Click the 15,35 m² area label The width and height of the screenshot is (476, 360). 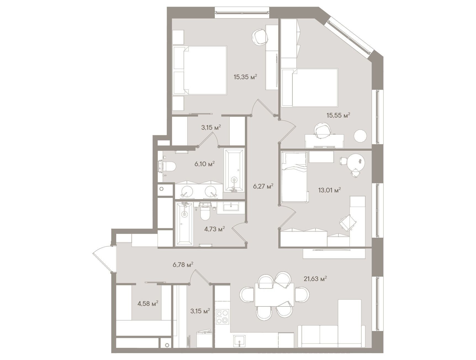245,77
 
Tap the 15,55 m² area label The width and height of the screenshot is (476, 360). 339,115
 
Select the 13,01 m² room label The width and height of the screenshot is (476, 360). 329,190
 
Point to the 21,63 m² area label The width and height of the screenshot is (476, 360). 315,279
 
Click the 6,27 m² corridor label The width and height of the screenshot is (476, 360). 263,186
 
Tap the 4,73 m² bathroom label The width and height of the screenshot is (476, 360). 215,229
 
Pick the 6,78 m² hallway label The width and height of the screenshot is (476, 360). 183,265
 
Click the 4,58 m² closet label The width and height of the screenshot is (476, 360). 148,304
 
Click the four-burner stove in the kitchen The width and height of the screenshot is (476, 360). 223,317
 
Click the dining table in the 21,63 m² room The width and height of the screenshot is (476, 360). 274,294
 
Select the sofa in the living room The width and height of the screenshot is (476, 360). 331,324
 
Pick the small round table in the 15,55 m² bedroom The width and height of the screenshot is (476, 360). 360,136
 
